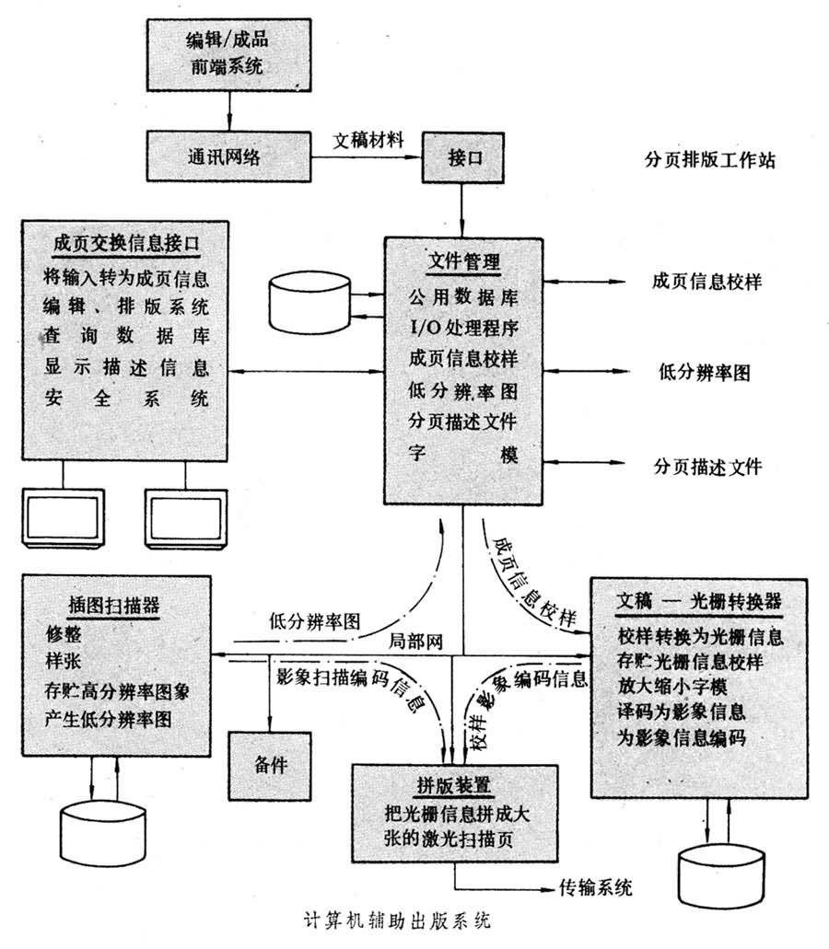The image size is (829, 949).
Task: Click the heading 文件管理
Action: (463, 260)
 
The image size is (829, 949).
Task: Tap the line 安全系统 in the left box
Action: (125, 399)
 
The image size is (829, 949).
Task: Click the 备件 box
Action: (271, 765)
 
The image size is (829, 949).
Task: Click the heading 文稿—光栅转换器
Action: (697, 601)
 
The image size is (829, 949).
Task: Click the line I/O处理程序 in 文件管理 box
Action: (463, 327)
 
